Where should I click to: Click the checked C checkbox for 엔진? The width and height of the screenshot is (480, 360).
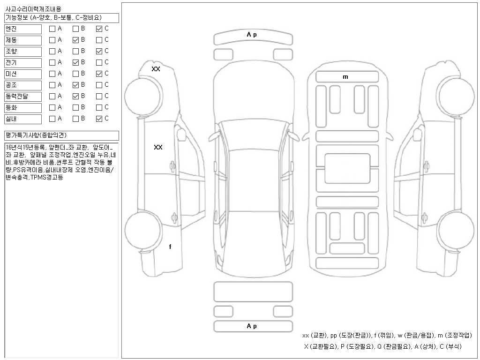pos(99,29)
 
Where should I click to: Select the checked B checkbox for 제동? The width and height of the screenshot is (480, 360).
pos(75,40)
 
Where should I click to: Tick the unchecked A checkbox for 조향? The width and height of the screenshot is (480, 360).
pos(52,51)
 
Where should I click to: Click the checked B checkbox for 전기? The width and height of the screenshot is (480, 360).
pos(75,62)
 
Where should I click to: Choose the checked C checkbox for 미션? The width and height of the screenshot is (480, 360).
pos(99,74)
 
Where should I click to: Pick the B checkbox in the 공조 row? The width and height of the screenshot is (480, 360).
pos(75,85)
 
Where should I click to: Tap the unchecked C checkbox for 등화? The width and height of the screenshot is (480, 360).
pos(99,107)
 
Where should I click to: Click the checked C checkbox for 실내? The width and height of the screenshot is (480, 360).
pos(99,119)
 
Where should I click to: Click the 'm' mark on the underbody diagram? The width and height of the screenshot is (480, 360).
pos(345,77)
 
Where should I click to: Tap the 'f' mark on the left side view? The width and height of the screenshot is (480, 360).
pos(170,247)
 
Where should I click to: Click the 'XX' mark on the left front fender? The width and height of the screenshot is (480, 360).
pos(156,69)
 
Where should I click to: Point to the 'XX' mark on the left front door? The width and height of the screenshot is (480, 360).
pos(158,147)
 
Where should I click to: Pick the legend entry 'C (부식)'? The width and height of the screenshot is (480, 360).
pos(450,346)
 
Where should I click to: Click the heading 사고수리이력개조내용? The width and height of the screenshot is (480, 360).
pos(33,9)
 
